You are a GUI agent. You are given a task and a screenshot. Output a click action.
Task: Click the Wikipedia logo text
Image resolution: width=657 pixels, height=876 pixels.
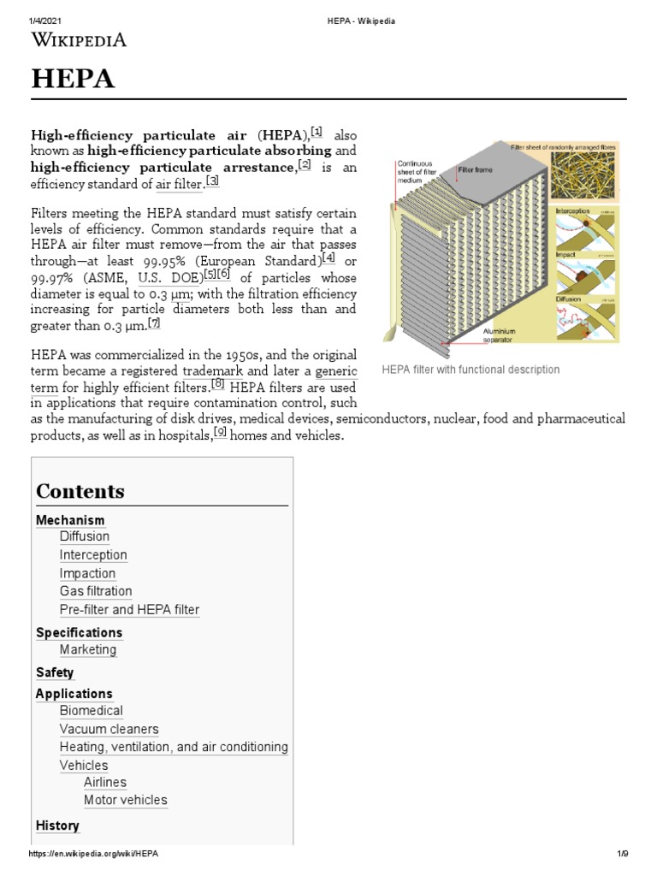(x=79, y=39)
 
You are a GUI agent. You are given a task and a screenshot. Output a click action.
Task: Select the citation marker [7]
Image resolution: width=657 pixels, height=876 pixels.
(x=154, y=323)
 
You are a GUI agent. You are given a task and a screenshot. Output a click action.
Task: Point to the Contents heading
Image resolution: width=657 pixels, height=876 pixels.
(x=80, y=491)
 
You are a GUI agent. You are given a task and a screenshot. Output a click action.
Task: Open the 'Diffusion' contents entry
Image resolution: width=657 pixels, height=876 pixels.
(x=85, y=536)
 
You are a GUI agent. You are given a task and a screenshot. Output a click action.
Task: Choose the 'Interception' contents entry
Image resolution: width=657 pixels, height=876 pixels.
(x=93, y=554)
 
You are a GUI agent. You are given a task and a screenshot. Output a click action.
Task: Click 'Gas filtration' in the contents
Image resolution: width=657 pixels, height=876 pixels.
(x=96, y=591)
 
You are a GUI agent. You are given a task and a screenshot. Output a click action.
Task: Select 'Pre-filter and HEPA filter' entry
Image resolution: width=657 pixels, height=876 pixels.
(x=129, y=610)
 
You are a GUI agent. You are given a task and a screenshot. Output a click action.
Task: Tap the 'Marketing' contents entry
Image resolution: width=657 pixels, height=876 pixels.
(x=88, y=649)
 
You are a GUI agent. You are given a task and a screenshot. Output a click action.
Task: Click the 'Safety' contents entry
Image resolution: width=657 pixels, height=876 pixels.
(x=55, y=672)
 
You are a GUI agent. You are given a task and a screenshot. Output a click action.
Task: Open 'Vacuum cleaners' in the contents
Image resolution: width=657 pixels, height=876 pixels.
(x=109, y=729)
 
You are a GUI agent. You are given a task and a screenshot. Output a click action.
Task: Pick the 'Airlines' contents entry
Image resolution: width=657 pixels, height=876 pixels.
(x=105, y=782)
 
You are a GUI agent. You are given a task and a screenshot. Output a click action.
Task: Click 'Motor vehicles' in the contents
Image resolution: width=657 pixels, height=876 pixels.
(x=126, y=800)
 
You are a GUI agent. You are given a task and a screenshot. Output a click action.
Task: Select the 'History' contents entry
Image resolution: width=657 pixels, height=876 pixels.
(x=57, y=826)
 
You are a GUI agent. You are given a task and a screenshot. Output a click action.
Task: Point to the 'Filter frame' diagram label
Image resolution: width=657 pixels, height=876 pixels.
(x=476, y=170)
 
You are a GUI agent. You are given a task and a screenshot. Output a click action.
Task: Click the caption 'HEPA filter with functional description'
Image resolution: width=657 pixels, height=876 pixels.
(x=471, y=370)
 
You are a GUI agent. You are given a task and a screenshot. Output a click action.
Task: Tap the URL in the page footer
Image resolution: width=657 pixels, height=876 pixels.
(x=93, y=854)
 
